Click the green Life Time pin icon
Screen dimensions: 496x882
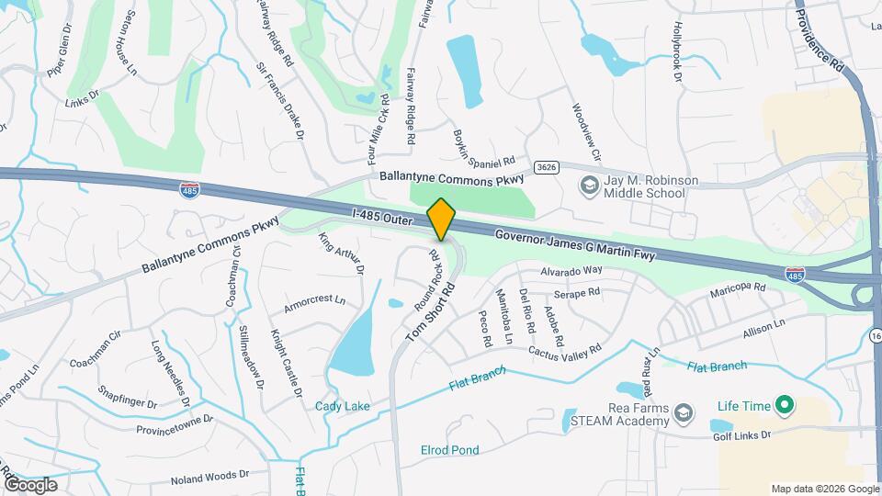784,404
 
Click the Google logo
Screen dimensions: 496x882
30,484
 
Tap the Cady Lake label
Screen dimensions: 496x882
337,406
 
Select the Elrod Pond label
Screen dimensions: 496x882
449,450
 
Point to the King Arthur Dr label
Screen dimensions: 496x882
341,254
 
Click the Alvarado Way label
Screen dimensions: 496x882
571,270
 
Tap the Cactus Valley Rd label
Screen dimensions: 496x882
564,350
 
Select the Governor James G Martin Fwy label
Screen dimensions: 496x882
575,245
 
